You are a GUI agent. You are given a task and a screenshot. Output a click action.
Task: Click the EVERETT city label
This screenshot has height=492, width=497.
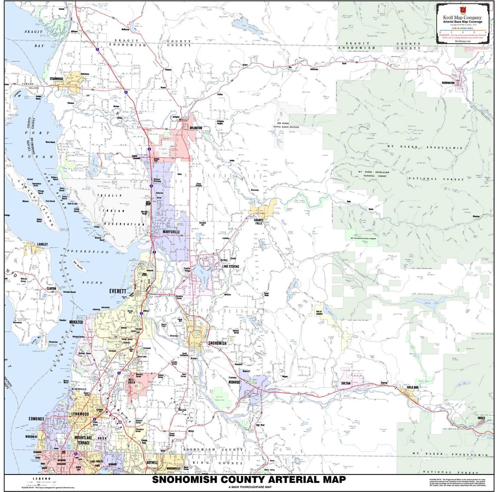coord(118,291)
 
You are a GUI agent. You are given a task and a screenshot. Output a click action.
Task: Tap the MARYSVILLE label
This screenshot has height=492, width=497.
coord(171,232)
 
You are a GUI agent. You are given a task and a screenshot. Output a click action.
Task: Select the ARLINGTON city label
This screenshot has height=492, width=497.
coord(196,128)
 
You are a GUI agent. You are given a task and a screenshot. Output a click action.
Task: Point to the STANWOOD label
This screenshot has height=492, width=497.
coord(56,79)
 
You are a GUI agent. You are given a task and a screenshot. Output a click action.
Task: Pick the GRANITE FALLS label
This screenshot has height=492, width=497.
coord(259,221)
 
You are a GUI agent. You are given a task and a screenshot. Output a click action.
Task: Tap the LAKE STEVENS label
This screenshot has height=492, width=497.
coord(230,266)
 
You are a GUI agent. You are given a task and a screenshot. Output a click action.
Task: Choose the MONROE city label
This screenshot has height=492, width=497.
coord(234,382)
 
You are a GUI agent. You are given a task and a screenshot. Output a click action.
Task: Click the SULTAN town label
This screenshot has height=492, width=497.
coord(346,383)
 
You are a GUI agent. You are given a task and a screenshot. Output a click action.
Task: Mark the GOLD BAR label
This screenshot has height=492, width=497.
coord(412,387)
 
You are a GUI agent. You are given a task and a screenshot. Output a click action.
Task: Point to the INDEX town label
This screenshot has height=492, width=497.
coord(481,418)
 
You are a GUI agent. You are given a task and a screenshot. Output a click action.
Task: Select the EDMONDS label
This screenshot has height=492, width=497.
coord(36,419)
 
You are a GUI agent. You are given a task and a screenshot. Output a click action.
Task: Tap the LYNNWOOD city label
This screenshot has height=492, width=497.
coord(80,414)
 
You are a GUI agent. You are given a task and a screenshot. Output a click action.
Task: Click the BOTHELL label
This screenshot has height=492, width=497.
coord(152,462)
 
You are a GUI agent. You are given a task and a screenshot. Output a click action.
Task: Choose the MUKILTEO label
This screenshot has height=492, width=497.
coord(76,322)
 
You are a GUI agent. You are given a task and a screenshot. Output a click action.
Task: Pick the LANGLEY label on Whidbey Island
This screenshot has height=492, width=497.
coord(42,244)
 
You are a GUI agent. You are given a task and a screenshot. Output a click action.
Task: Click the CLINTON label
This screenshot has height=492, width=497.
coord(51,289)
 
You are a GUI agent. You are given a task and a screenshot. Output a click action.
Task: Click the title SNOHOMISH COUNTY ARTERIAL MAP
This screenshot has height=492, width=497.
coord(249,480)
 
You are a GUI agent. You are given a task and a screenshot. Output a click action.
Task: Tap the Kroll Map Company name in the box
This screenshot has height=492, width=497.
coord(462,18)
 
